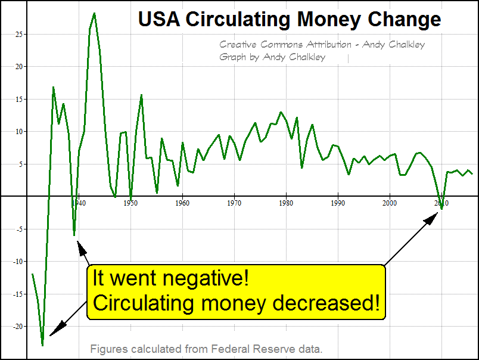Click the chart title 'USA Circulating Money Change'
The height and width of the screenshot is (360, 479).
290,19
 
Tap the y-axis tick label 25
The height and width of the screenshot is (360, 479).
19,34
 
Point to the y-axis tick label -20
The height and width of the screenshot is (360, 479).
18,326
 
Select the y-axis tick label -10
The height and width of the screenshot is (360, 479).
18,261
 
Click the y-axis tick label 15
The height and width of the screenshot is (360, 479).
19,99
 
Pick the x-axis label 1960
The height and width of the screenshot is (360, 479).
182,203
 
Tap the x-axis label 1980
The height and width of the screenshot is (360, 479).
287,203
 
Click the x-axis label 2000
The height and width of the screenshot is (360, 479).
390,203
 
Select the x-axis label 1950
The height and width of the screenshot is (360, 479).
130,203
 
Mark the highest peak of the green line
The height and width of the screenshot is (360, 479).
94,13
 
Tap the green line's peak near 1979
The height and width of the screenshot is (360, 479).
281,112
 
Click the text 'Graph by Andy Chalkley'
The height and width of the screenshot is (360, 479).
272,57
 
